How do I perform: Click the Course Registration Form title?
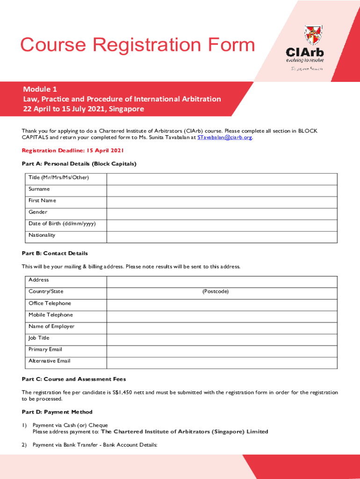(x=137, y=45)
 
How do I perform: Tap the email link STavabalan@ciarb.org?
(x=224, y=138)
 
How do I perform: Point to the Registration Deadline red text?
(x=72, y=151)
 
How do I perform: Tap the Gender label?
(x=38, y=212)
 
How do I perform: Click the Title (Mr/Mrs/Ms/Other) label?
(x=58, y=178)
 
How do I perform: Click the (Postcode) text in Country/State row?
(x=216, y=291)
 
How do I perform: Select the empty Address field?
(x=222, y=282)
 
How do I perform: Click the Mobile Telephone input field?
(x=222, y=316)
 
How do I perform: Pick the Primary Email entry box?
(x=222, y=351)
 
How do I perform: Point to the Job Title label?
(x=39, y=338)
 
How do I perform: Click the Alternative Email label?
(x=50, y=361)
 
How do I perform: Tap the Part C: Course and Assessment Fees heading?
(x=74, y=379)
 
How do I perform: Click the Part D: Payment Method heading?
(x=57, y=412)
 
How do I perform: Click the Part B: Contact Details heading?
(x=55, y=253)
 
